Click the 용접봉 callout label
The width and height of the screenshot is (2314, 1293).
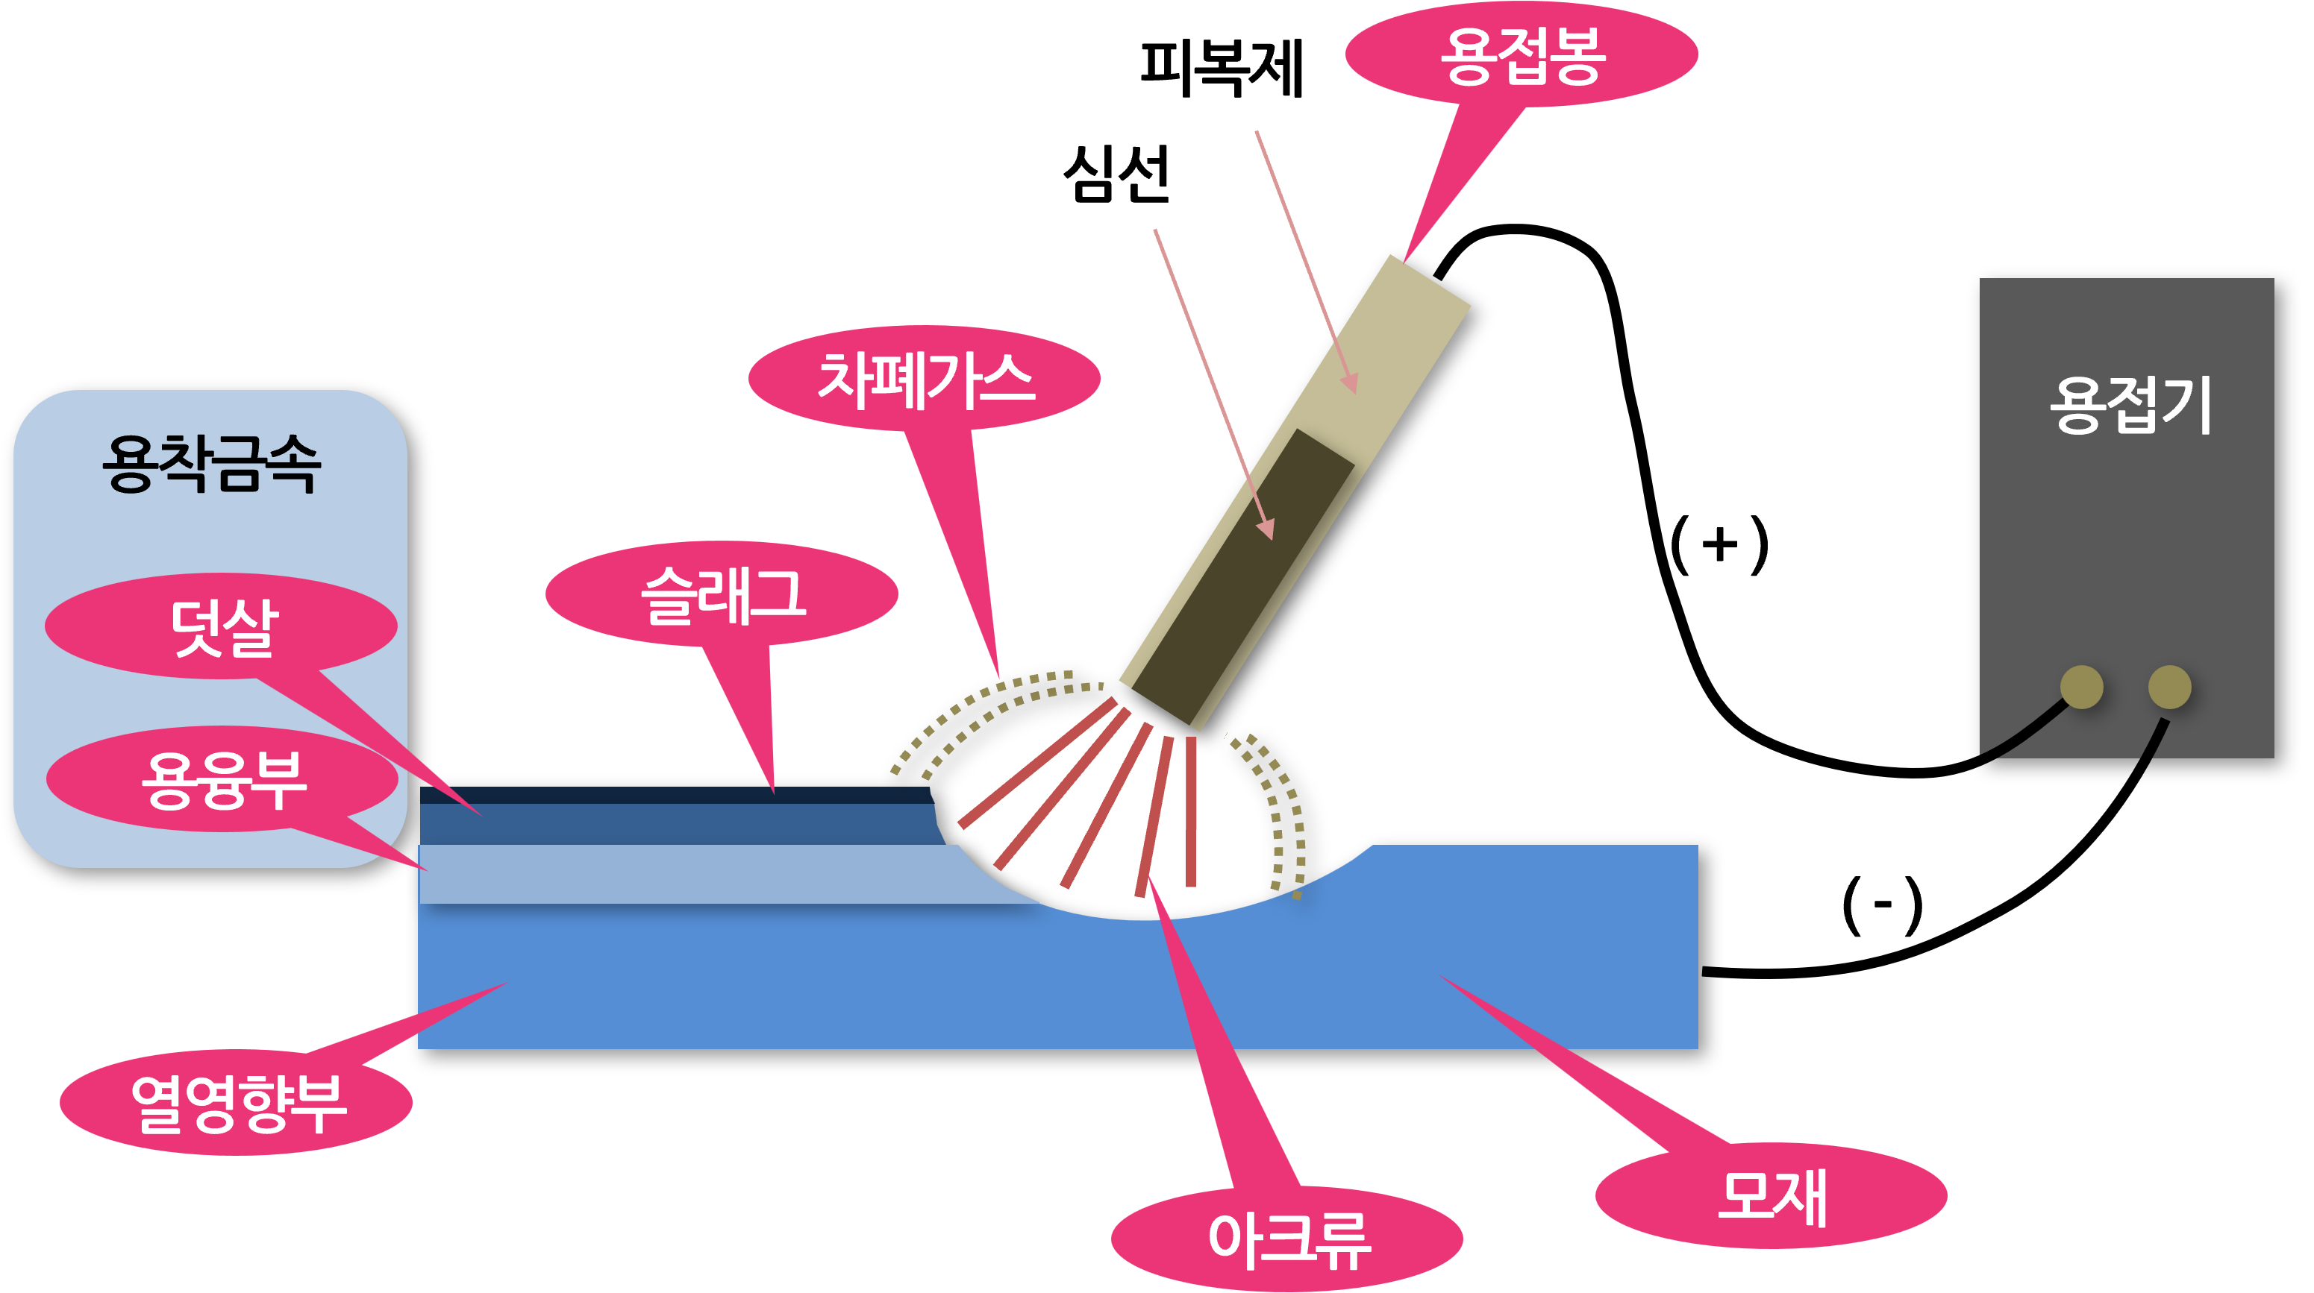(1521, 56)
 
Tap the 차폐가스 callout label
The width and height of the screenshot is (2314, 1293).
(925, 379)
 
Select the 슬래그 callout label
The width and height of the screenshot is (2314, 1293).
(722, 594)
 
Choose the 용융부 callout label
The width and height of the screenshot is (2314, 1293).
(223, 779)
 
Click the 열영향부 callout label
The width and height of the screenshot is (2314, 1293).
(237, 1103)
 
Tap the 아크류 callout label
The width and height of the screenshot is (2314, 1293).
(1287, 1239)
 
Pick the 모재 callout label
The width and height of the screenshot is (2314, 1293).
(1772, 1196)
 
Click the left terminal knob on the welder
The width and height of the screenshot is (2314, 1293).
(2081, 687)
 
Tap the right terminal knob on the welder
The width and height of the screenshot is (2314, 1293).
(2169, 687)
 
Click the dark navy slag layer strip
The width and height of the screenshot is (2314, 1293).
(674, 796)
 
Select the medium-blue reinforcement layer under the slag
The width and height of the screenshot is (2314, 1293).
(674, 823)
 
